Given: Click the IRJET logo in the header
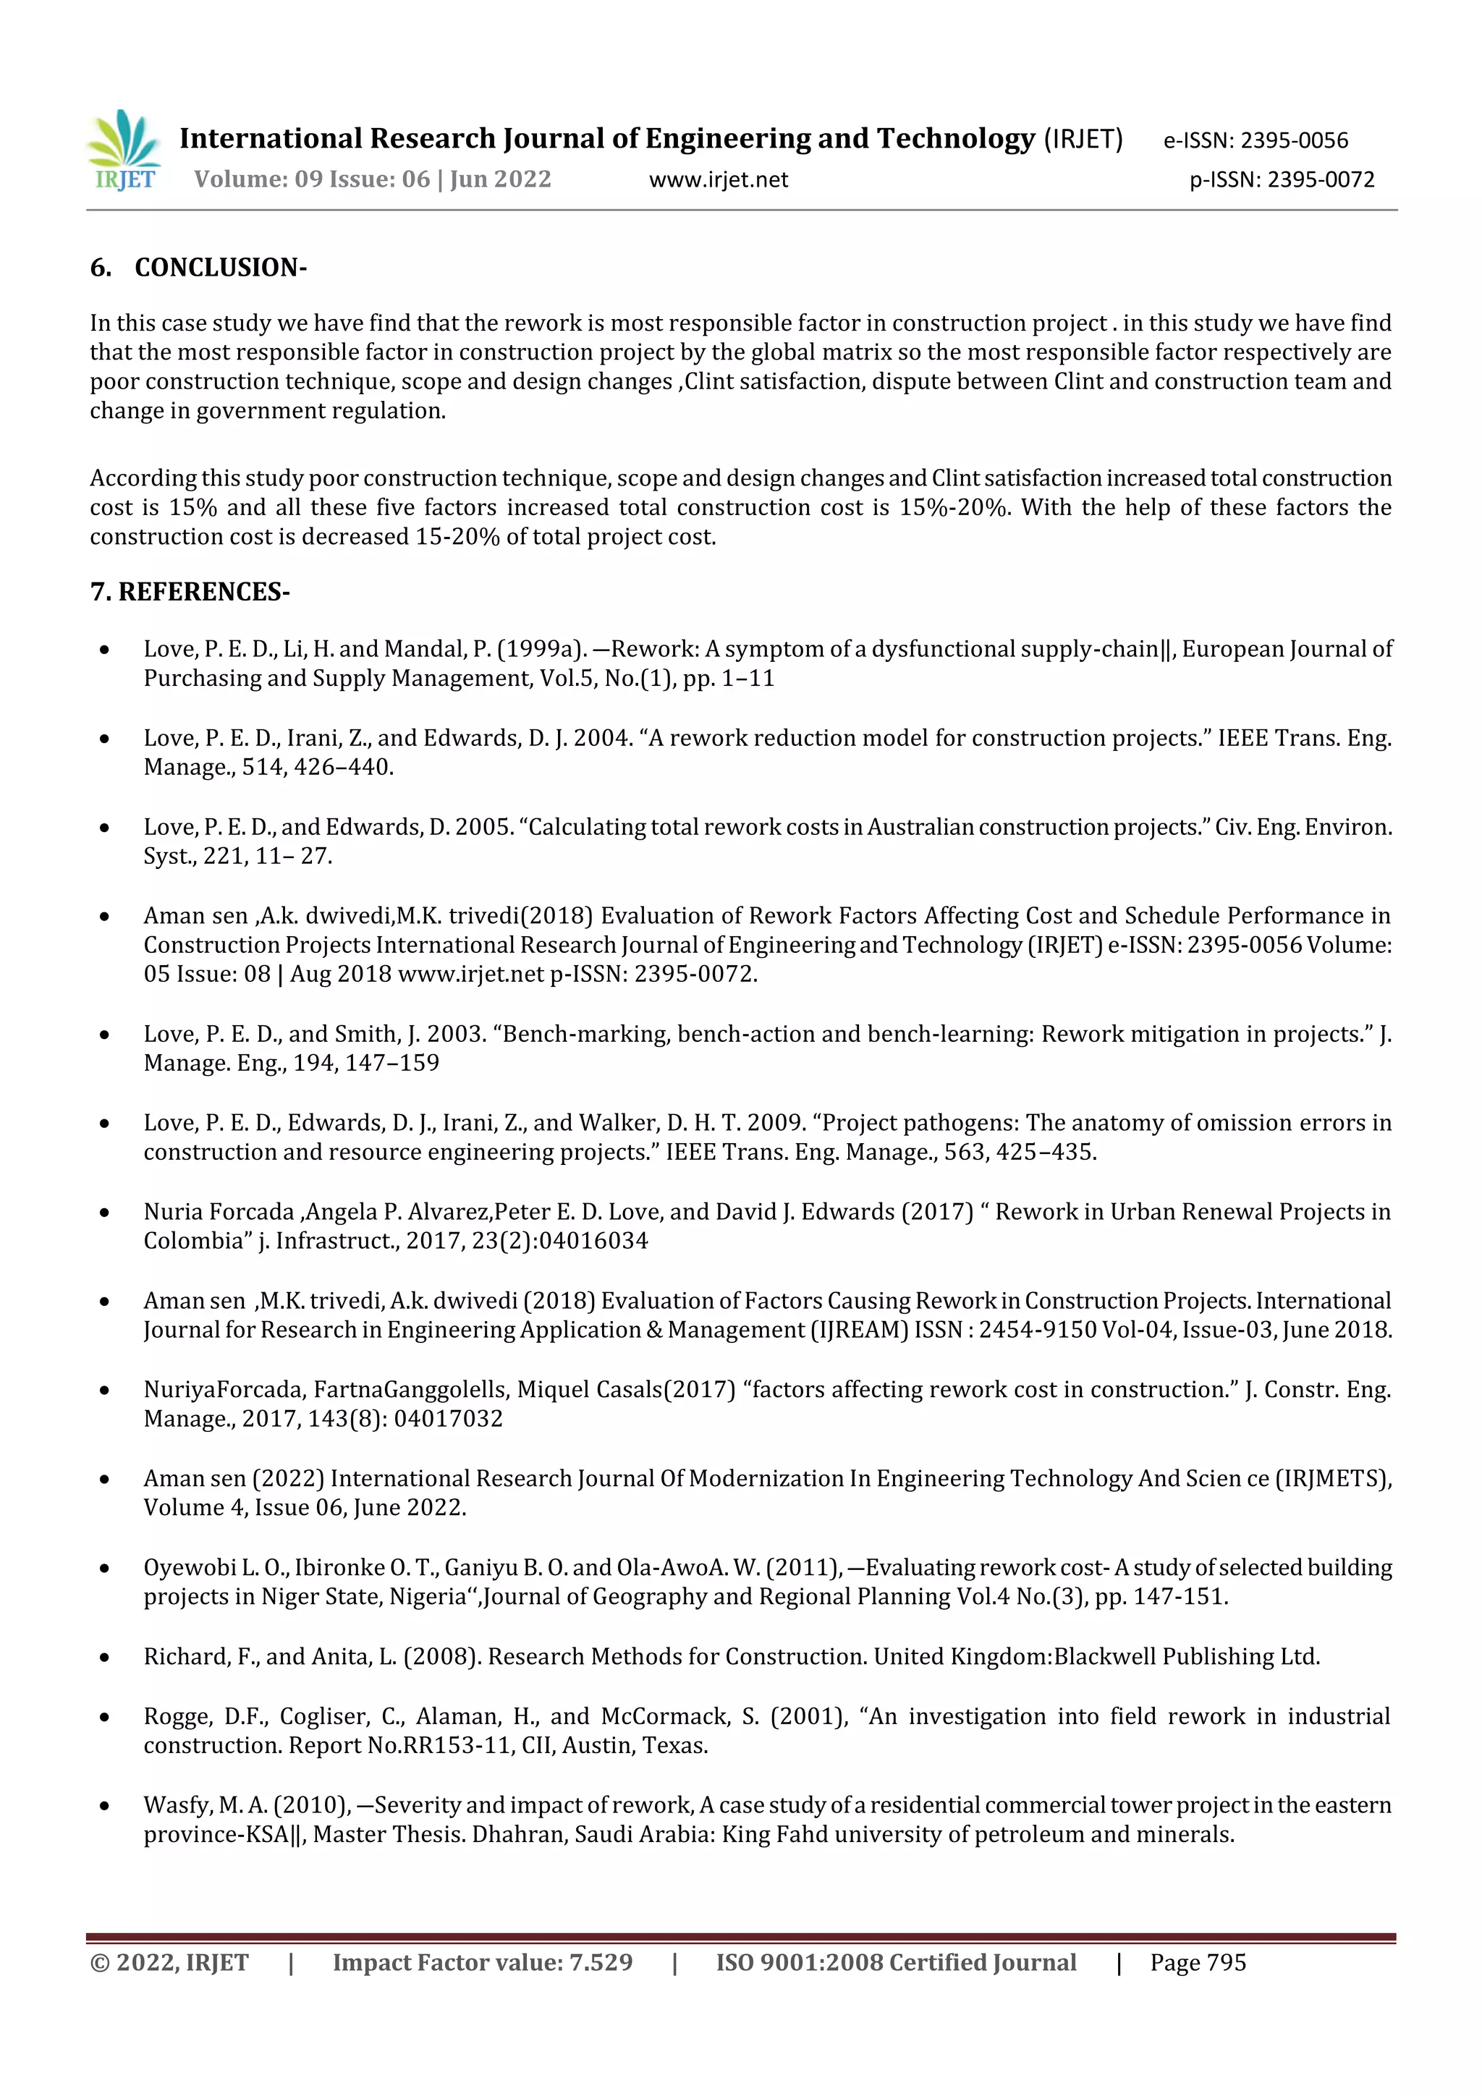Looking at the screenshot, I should [x=125, y=150].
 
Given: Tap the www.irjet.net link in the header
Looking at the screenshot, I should [x=719, y=180].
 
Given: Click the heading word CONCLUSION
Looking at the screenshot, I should [x=220, y=268].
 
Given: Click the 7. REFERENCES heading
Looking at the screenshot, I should [x=190, y=592].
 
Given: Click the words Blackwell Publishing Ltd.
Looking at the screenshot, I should [x=1186, y=1656].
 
